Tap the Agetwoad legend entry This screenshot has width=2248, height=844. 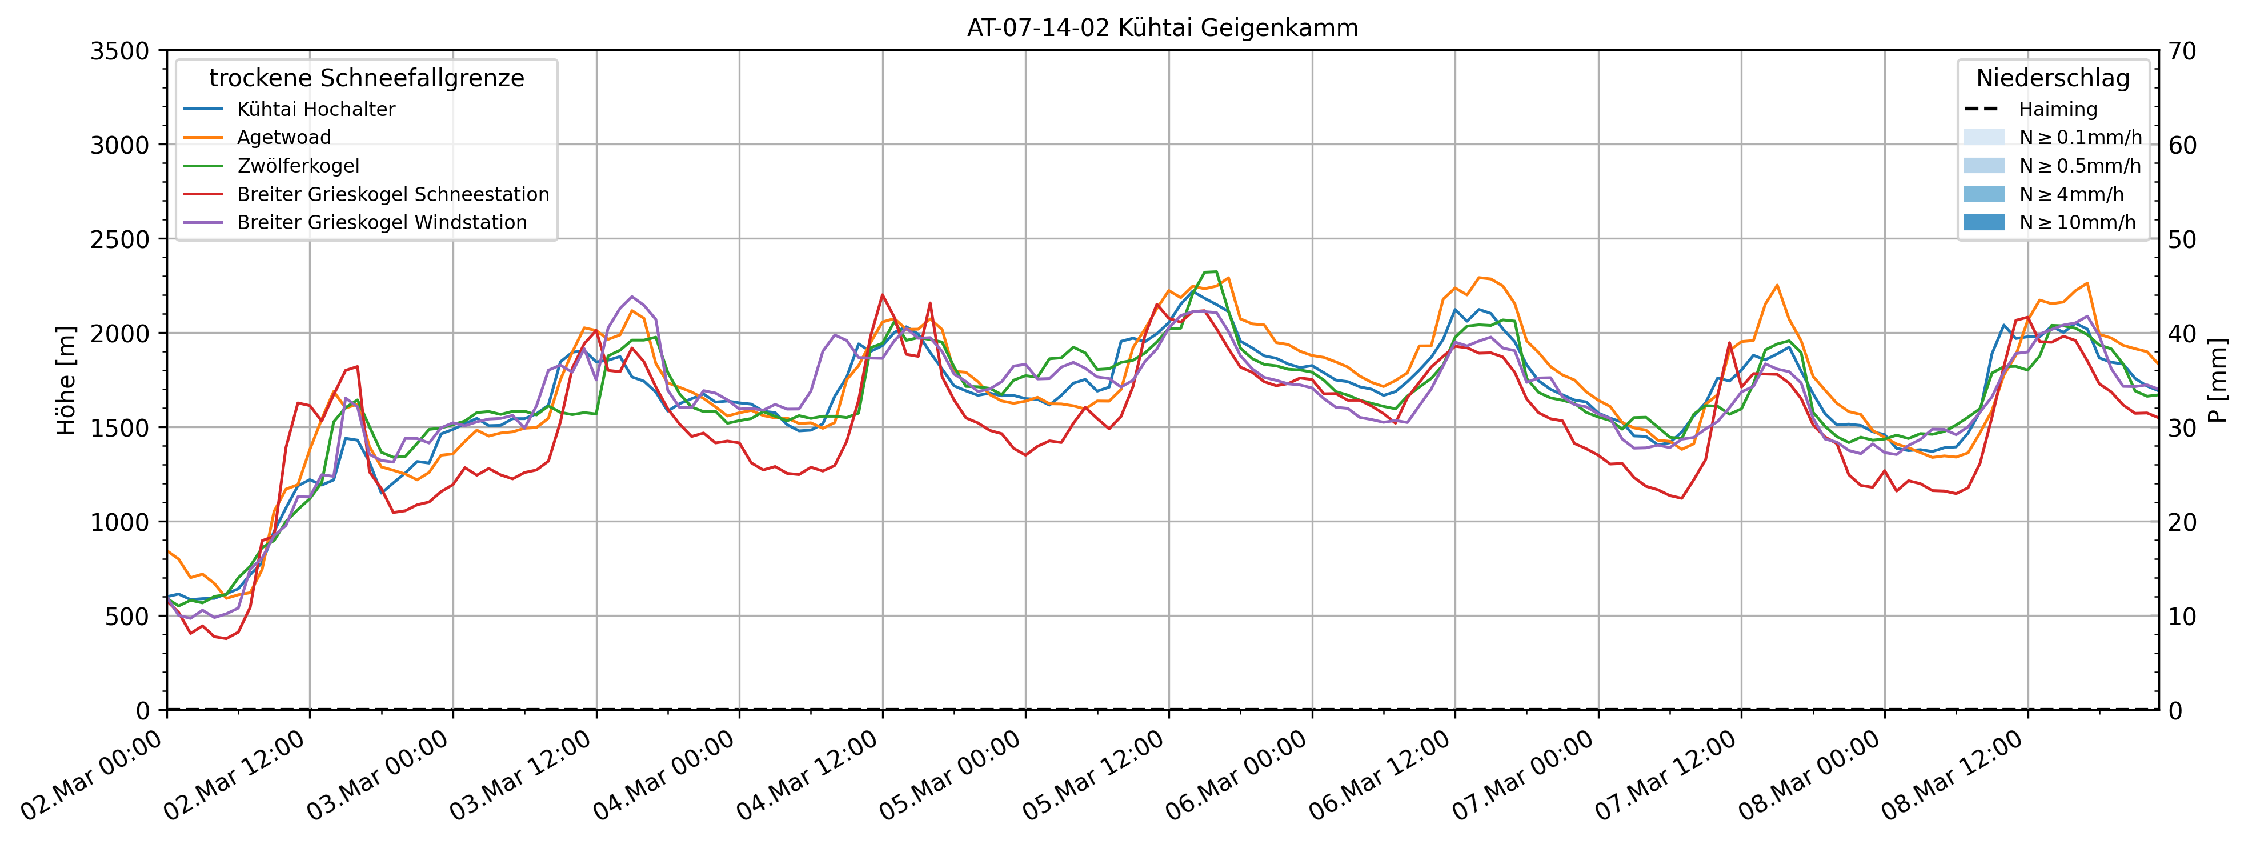click(283, 137)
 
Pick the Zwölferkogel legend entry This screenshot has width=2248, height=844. click(298, 166)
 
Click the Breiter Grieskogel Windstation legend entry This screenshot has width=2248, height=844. click(382, 222)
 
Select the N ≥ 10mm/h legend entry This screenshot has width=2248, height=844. click(2077, 222)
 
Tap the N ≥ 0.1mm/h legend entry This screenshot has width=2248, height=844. click(2079, 137)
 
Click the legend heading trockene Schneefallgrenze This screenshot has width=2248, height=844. click(367, 78)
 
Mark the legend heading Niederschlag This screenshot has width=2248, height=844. click(2053, 78)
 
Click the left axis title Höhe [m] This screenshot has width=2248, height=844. click(66, 381)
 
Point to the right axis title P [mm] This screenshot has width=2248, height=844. click(2218, 381)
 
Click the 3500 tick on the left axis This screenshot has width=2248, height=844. click(119, 51)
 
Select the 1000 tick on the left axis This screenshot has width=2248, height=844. click(119, 522)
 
